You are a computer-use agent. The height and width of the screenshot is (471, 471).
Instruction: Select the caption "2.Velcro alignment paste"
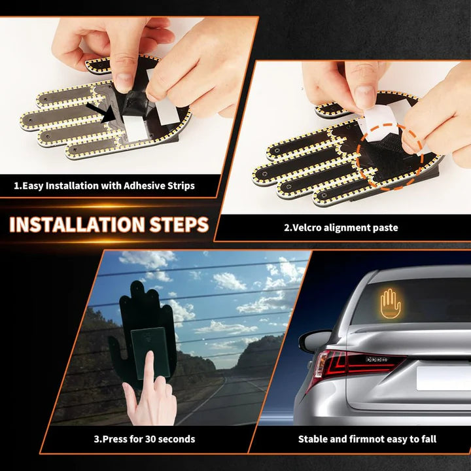pos(340,228)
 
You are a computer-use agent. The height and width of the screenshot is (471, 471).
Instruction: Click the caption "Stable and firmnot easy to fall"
pos(367,439)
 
